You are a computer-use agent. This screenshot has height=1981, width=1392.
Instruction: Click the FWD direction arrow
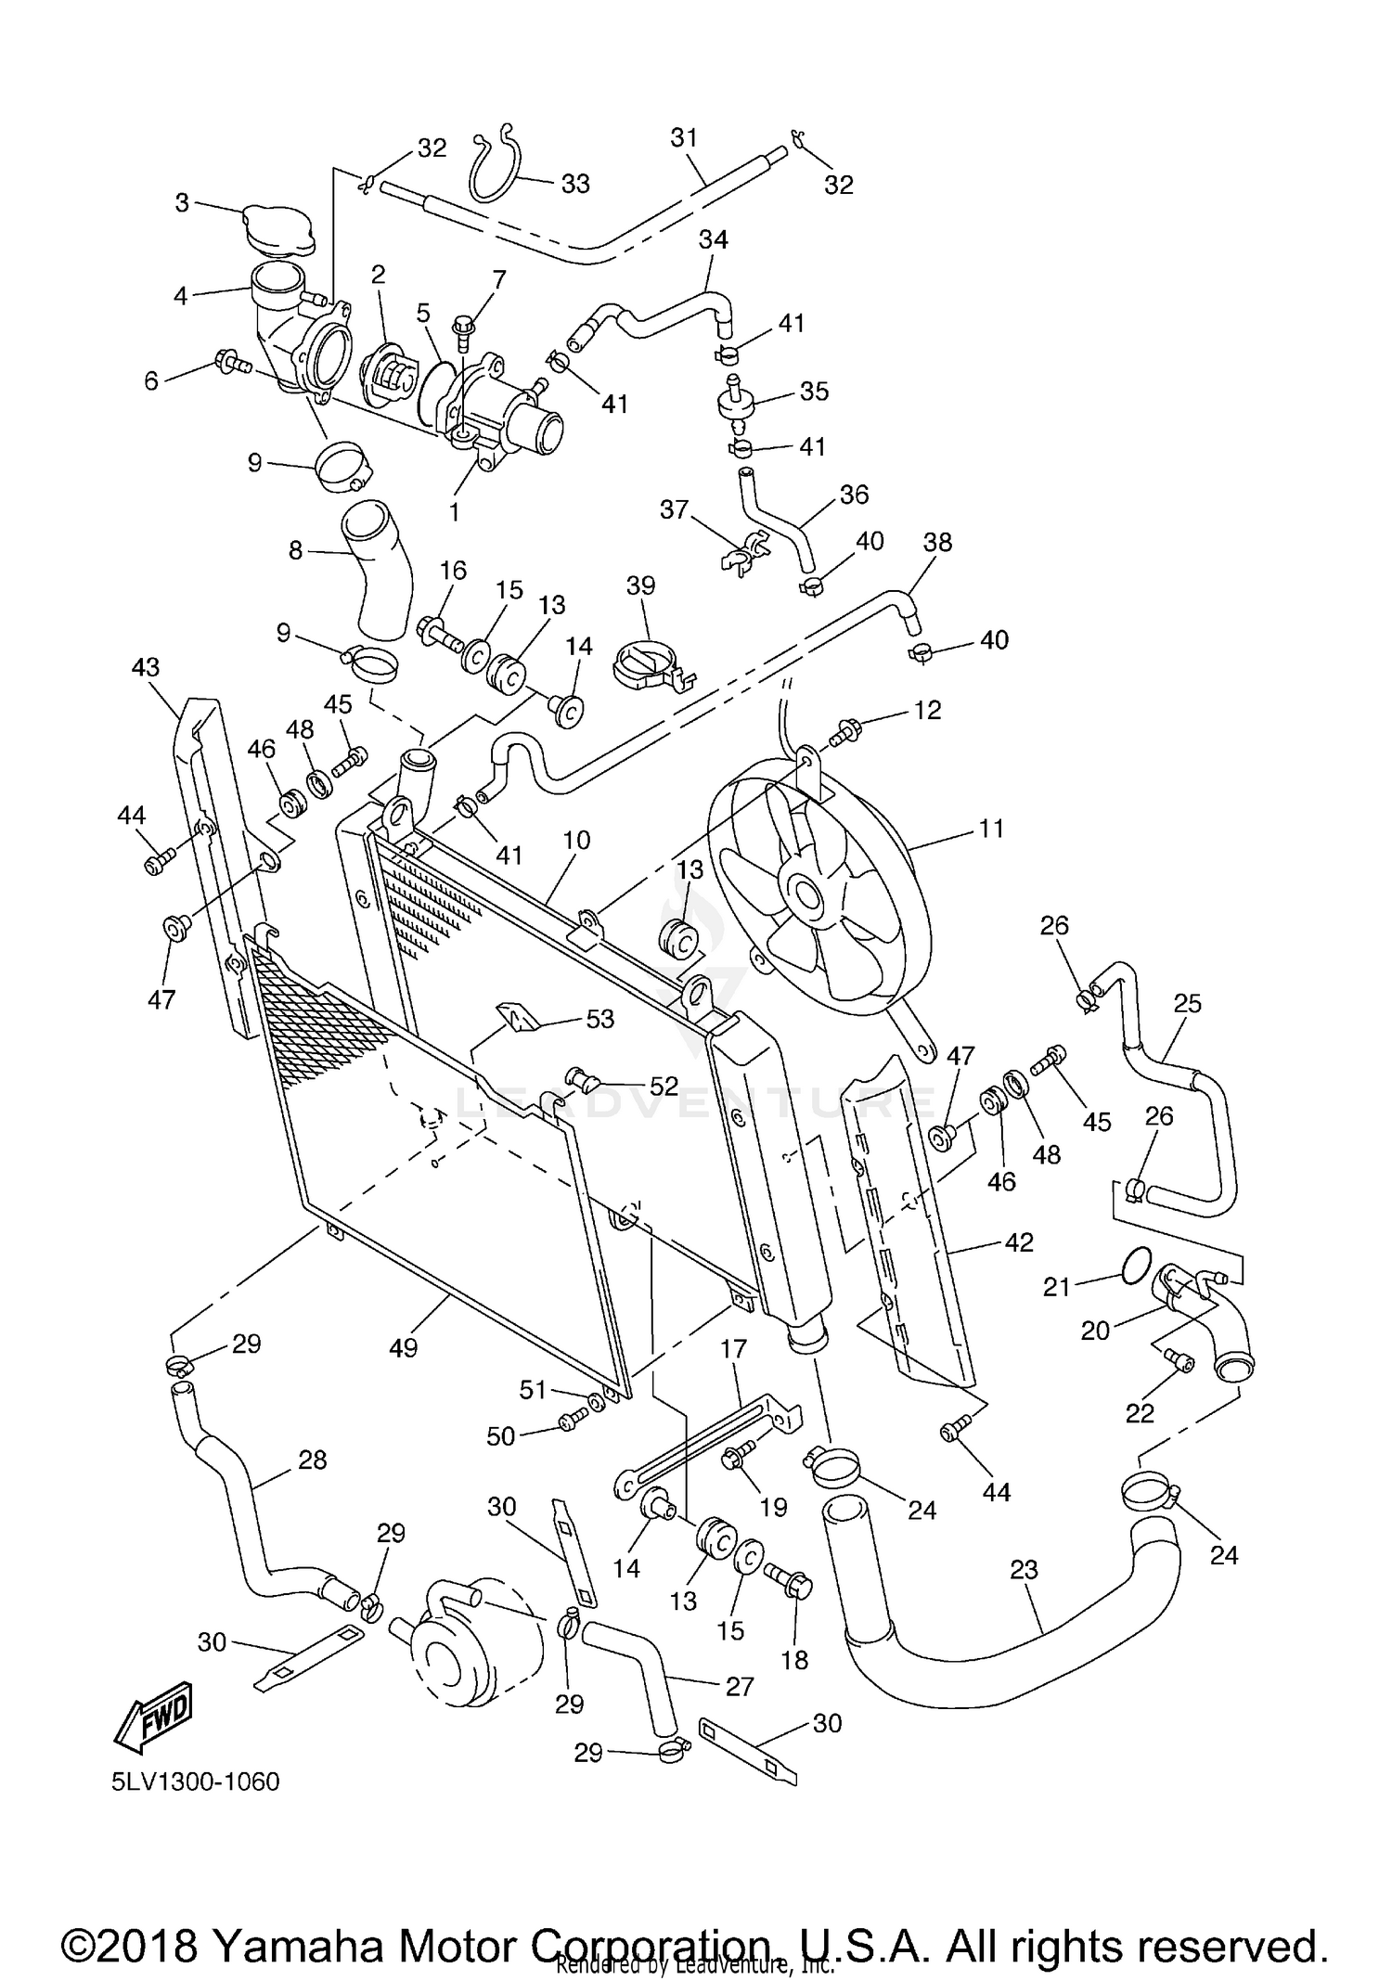[x=154, y=1718]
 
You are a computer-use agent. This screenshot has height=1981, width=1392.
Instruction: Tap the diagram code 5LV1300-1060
[x=196, y=1782]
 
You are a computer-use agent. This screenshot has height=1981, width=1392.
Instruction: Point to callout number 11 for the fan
[x=991, y=828]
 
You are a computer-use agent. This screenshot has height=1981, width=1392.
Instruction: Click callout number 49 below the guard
[x=403, y=1347]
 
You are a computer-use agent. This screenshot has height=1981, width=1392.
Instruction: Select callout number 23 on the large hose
[x=1024, y=1570]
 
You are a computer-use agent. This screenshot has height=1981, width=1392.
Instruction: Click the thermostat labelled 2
[x=392, y=375]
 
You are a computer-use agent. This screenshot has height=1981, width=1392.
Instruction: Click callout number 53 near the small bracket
[x=599, y=1019]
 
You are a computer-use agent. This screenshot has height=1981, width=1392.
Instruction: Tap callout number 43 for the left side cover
[x=146, y=667]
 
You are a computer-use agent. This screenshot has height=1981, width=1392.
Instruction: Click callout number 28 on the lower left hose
[x=312, y=1460]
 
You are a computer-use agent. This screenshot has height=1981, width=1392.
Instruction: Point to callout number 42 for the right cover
[x=1018, y=1241]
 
